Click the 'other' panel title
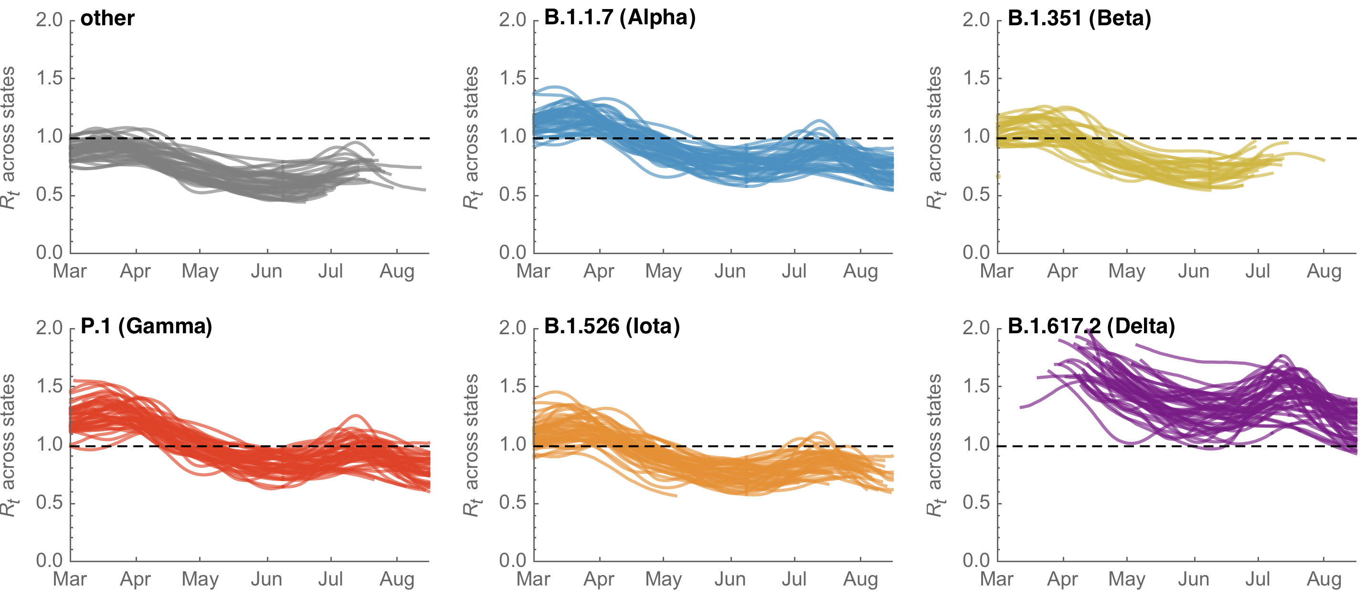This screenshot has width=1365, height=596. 107,18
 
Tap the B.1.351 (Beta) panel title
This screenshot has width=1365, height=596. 1079,18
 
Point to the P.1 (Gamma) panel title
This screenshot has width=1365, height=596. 146,326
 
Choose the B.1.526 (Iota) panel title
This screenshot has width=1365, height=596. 612,326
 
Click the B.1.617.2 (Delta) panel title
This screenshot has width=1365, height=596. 1091,326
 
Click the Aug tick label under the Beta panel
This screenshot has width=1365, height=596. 1323,271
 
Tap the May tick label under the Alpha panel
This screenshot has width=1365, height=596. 664,271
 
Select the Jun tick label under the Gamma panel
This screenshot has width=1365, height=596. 266,579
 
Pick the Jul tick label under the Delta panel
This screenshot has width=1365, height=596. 1258,579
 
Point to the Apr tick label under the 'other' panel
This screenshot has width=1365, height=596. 135,271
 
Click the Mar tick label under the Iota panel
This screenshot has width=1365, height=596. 533,579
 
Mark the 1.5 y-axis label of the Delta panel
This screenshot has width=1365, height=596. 976,386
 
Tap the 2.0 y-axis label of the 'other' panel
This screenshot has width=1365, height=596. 49,20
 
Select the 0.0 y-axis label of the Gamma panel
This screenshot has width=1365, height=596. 49,560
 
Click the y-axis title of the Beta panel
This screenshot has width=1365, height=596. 934,138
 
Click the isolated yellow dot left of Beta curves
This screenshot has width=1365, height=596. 998,176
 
